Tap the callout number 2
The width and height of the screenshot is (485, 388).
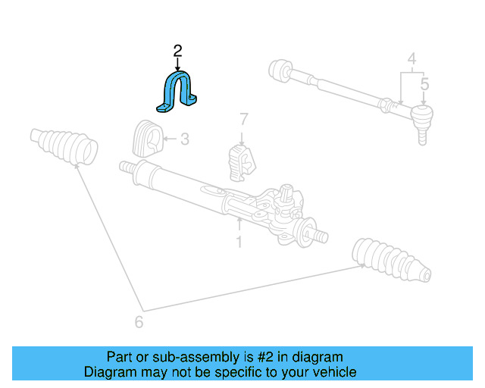pyautogui.click(x=177, y=51)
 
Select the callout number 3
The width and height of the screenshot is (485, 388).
pyautogui.click(x=185, y=139)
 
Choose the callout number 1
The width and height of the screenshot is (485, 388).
pyautogui.click(x=239, y=242)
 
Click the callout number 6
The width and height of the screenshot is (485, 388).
pyautogui.click(x=139, y=322)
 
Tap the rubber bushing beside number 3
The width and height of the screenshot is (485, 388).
pyautogui.click(x=148, y=139)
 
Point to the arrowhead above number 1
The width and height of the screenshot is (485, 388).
pyautogui.click(x=239, y=224)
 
